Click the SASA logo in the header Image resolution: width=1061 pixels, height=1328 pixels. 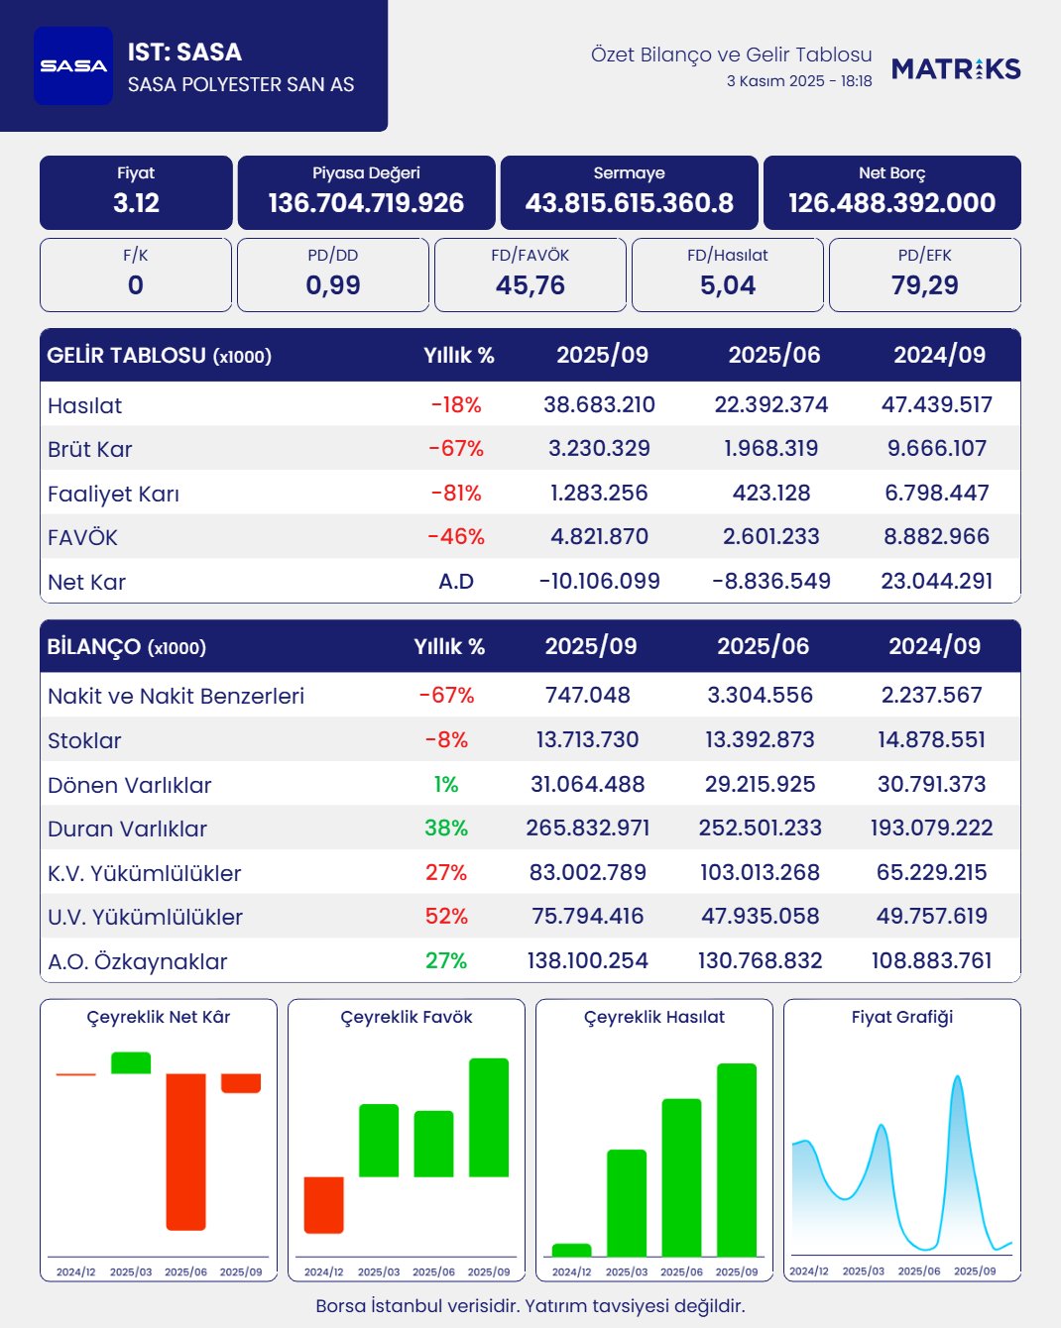tap(73, 65)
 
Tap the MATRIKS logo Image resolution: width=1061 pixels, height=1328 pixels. tap(956, 68)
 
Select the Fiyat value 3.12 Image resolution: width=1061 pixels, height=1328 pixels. tap(136, 203)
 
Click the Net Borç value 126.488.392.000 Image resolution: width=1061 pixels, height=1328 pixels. tap(891, 203)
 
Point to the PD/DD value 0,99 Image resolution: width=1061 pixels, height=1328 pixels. tap(333, 285)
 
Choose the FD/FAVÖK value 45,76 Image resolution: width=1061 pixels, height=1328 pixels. tap(530, 285)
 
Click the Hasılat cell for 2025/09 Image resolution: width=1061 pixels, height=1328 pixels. tap(599, 404)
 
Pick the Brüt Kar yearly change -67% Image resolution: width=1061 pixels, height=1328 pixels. tap(456, 449)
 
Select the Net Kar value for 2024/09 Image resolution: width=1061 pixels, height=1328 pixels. tap(936, 581)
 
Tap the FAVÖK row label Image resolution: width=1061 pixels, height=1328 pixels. tap(82, 537)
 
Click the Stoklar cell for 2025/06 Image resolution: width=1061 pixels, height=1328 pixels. tap(760, 739)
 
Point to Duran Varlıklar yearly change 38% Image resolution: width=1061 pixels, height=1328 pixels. tap(446, 828)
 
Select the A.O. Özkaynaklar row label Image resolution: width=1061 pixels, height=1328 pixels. tap(137, 961)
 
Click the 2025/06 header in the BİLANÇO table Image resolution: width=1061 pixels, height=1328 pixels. tap(763, 646)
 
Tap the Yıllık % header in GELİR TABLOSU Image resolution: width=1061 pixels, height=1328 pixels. tap(458, 355)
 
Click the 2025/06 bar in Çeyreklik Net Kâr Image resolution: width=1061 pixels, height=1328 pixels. tap(185, 1152)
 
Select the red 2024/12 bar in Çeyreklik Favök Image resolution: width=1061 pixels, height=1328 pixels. tap(323, 1204)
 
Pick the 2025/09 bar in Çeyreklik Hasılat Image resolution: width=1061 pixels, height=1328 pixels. tap(737, 1160)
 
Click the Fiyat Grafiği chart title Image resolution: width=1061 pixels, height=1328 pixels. tap(901, 1017)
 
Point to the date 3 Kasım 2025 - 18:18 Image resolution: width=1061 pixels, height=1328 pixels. tap(799, 81)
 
